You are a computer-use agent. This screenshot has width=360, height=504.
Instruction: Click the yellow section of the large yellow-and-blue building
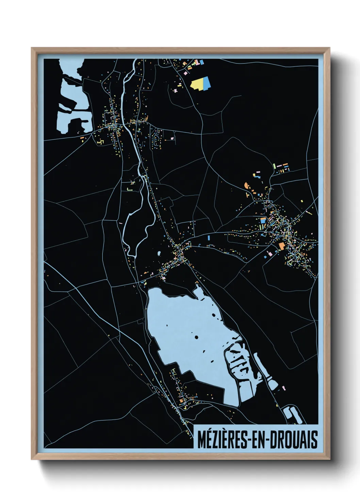pos(198,84)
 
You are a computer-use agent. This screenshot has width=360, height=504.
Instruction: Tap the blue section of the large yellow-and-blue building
pos(207,83)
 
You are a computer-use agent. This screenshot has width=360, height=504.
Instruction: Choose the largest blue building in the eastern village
pos(263,220)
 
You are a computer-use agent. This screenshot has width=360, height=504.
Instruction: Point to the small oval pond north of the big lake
pos(159,254)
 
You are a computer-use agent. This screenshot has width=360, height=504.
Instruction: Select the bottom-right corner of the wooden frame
pos(329,459)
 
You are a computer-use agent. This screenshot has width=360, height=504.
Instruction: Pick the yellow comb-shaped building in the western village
pos(100,141)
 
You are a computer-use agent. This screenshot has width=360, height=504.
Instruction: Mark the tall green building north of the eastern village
pos(274,166)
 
